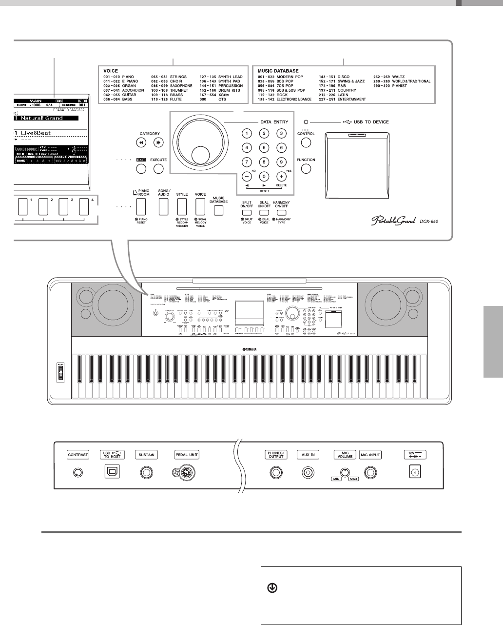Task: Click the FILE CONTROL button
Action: [x=306, y=143]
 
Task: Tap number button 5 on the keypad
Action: [x=264, y=147]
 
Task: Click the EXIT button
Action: [x=141, y=169]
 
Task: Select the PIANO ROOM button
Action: [x=141, y=207]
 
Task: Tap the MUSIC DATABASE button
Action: [x=219, y=210]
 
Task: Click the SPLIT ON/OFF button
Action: [x=247, y=212]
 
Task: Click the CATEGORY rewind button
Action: [x=141, y=143]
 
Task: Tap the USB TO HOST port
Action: [x=112, y=472]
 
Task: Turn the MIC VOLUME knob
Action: [x=345, y=472]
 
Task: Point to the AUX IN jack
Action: [x=308, y=472]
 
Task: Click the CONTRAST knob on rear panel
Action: [x=77, y=472]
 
